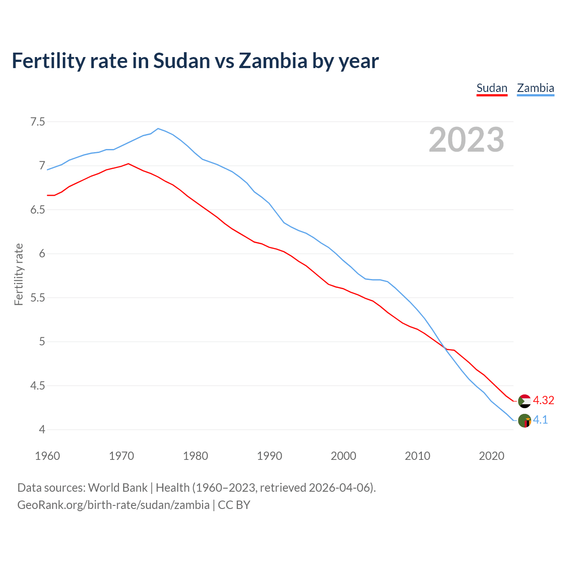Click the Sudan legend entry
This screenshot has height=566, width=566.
click(492, 88)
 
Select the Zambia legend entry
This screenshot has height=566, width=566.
click(535, 88)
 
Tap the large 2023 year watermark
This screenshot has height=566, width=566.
click(467, 140)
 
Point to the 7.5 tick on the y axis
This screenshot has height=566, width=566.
click(38, 122)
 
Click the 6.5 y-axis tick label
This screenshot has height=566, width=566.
click(38, 210)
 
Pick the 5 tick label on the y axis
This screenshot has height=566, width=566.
click(42, 342)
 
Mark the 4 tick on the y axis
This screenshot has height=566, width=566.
click(42, 430)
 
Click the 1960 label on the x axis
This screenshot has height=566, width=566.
click(47, 456)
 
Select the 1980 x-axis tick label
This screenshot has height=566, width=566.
click(195, 456)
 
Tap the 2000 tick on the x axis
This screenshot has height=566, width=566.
click(344, 456)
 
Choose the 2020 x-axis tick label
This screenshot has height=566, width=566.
click(491, 456)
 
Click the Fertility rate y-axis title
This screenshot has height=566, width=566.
click(19, 274)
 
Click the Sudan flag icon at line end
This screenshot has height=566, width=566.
click(524, 401)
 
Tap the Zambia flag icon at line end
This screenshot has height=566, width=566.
click(524, 421)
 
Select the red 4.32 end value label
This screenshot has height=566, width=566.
click(543, 400)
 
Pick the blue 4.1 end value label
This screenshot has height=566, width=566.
click(540, 420)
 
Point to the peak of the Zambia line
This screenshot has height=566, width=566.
click(158, 129)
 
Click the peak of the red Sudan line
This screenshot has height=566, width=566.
click(128, 164)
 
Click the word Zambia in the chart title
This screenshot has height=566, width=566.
click(273, 61)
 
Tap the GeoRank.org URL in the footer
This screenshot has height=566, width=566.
click(113, 505)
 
